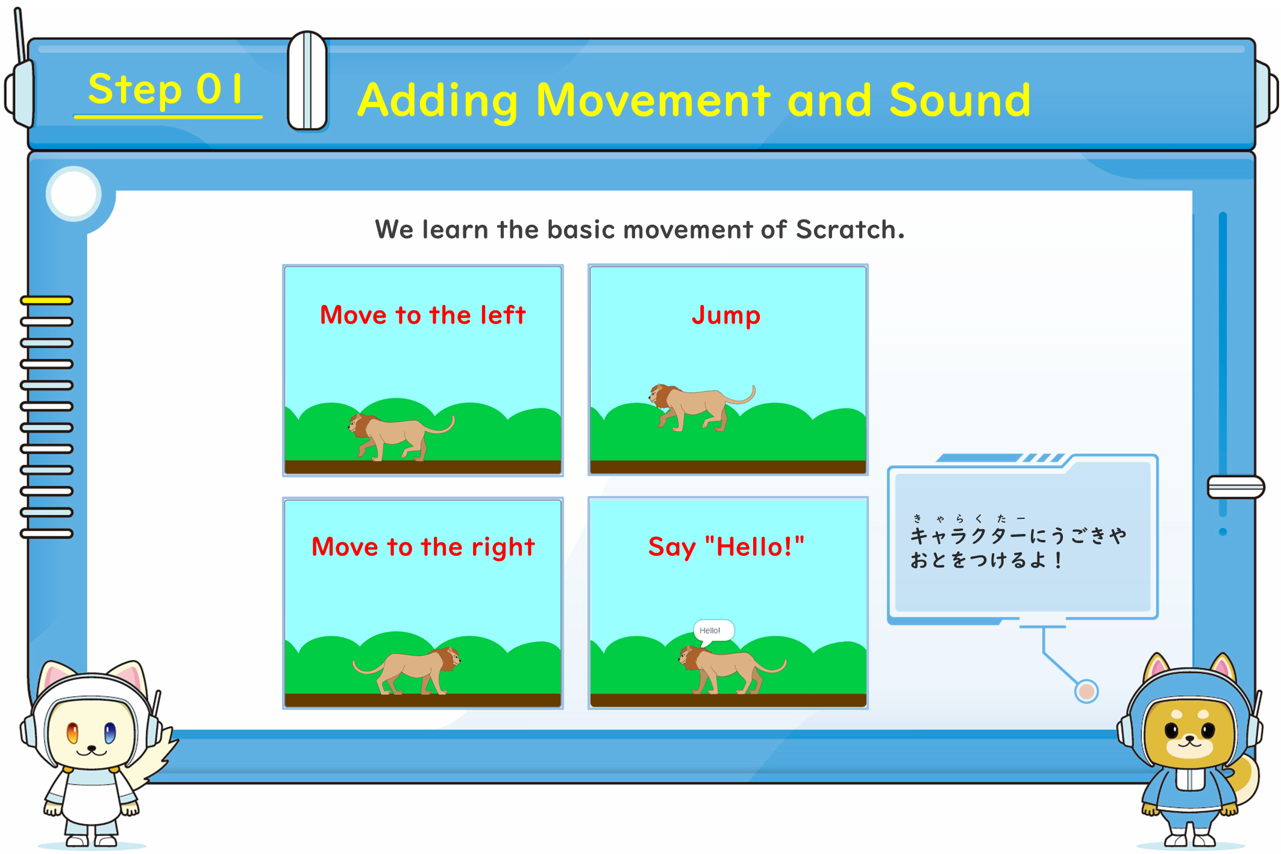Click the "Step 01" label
click(x=165, y=89)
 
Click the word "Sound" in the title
click(x=960, y=100)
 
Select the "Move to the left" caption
click(x=422, y=315)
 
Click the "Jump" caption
click(x=726, y=316)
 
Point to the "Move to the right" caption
click(x=423, y=547)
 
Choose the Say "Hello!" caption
click(x=726, y=547)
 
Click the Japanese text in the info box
click(x=1018, y=542)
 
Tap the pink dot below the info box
click(x=1086, y=691)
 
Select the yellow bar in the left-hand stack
click(x=47, y=300)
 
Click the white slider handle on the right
click(x=1235, y=487)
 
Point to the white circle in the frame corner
click(x=74, y=193)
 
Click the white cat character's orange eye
click(x=72, y=733)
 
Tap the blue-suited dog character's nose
click(x=1189, y=738)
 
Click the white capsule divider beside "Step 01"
click(x=307, y=81)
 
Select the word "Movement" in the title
click(x=653, y=100)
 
